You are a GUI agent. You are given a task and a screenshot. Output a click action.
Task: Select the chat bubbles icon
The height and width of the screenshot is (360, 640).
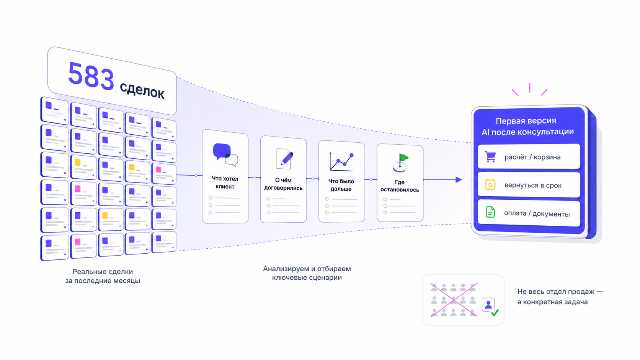[225, 155]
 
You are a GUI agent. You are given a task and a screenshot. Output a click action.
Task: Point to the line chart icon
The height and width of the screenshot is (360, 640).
[342, 161]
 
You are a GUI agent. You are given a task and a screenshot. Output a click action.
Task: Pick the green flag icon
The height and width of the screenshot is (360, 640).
[400, 163]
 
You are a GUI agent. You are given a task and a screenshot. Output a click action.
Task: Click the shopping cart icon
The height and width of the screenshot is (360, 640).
[490, 157]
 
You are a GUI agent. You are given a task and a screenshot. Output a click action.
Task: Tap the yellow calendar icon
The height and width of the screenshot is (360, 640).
[490, 184]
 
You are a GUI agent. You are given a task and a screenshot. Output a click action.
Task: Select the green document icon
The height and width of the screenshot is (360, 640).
[490, 212]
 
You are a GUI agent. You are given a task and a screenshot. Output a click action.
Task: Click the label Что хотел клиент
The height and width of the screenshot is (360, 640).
[225, 182]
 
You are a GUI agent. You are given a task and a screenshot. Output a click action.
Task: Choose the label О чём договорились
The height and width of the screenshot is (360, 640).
[283, 184]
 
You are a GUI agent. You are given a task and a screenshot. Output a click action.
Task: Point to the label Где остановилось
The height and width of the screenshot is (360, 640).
[400, 186]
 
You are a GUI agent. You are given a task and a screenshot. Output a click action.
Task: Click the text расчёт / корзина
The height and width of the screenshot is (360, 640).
[532, 157]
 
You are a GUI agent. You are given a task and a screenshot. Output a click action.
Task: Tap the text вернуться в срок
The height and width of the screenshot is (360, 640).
[533, 185]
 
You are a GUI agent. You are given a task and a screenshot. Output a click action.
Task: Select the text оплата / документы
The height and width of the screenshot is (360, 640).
[537, 213]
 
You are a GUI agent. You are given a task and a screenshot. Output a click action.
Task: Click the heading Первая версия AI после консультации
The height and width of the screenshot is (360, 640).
[527, 126]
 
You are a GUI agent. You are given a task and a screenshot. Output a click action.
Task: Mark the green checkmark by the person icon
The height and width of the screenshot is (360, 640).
[495, 313]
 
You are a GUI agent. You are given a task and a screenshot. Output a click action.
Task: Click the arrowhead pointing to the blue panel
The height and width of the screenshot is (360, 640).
[459, 179]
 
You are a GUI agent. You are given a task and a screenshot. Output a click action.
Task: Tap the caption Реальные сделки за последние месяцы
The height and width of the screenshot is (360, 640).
[103, 276]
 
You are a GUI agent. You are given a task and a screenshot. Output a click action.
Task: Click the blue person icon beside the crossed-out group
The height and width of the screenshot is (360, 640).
[488, 305]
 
